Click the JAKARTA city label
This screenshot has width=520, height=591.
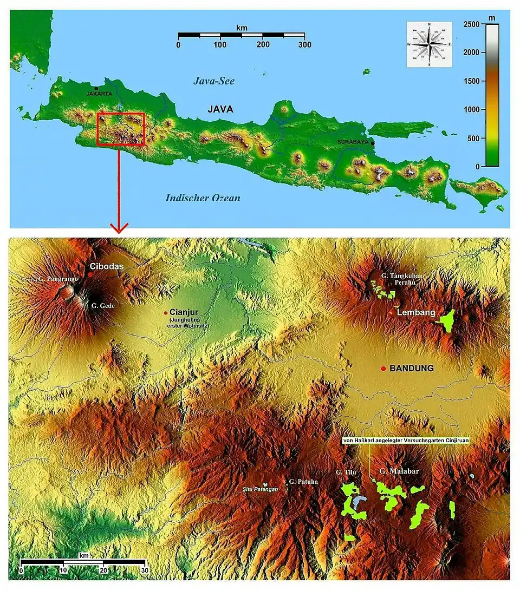99,94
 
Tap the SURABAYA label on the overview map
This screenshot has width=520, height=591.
353,142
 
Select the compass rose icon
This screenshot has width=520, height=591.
430,44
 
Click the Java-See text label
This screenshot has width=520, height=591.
214,81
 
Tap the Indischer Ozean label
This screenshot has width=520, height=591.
203,198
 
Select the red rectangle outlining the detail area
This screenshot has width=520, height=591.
121,114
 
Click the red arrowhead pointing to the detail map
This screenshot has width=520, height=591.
119,227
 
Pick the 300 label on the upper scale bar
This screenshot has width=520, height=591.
304,45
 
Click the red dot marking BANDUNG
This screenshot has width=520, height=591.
383,369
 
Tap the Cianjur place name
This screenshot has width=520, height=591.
181,312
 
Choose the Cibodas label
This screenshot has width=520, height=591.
107,267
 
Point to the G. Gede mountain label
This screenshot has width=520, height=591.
103,306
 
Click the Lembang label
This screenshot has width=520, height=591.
412,313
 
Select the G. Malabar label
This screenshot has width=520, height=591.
399,471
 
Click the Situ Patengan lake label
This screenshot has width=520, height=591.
260,489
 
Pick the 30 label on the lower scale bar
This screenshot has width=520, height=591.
144,570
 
